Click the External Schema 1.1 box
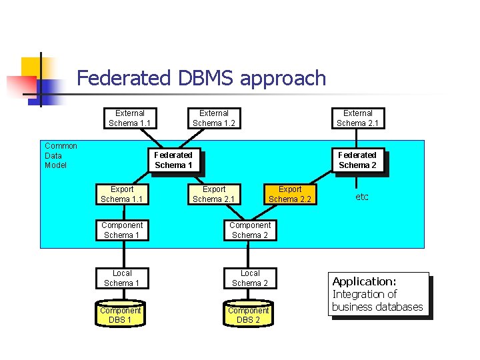[129, 118]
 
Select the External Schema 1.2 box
[213, 118]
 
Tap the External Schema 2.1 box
[357, 118]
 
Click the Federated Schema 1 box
[173, 160]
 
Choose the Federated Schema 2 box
[357, 160]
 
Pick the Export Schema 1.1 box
[121, 194]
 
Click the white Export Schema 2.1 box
[213, 194]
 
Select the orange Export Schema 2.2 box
[289, 194]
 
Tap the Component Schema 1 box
[122, 230]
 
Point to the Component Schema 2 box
[250, 230]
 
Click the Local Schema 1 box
[122, 278]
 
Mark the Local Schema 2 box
[250, 278]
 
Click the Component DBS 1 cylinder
[120, 315]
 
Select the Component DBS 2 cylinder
[248, 315]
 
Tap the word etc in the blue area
[362, 197]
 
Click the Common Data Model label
[61, 155]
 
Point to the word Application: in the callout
[364, 281]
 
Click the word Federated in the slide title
[124, 79]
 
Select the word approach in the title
[283, 79]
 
